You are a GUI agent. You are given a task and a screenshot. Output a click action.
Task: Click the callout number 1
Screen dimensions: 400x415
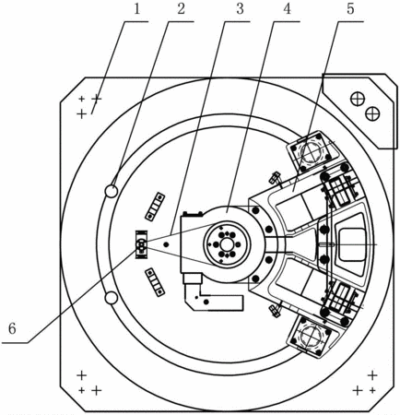point(136,9)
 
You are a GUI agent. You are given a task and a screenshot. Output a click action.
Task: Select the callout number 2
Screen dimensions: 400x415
point(182,9)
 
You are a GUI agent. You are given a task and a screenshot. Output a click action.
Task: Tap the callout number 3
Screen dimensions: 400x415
point(240,9)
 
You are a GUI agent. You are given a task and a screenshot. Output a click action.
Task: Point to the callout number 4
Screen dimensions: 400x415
point(287,9)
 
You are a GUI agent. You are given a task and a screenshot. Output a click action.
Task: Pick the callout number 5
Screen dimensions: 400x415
point(350,9)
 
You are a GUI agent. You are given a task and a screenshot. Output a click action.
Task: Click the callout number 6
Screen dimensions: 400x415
point(12,329)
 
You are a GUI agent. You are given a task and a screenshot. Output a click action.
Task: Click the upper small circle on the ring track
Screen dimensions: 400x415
point(112,191)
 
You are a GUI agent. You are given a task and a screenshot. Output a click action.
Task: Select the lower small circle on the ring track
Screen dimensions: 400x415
point(111,298)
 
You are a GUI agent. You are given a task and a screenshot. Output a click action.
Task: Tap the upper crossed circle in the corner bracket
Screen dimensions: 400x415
point(358,99)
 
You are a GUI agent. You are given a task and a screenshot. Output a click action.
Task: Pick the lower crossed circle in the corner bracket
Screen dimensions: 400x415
point(372,113)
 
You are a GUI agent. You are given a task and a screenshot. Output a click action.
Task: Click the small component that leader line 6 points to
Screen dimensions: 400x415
point(141,244)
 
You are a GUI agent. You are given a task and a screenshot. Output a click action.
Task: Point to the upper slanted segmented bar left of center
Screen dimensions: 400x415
point(155,206)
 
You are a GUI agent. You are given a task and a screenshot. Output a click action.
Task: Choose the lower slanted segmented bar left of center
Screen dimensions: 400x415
point(155,282)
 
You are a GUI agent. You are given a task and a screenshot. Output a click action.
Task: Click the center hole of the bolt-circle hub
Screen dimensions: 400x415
point(227,244)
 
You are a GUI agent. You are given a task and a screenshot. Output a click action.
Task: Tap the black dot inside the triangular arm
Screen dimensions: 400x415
point(166,244)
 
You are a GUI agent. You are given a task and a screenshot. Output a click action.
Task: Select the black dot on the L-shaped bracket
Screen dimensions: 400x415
point(206,302)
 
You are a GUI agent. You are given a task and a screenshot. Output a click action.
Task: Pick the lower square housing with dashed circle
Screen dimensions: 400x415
point(310,337)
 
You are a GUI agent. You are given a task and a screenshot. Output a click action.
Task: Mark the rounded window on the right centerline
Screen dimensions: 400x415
point(351,244)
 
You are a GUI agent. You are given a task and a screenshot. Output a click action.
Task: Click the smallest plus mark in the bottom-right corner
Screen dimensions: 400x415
point(372,390)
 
